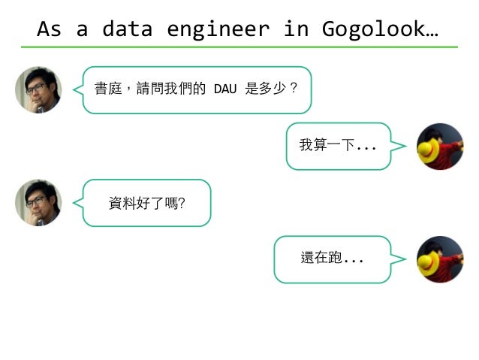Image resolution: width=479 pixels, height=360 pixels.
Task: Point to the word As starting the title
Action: [49, 29]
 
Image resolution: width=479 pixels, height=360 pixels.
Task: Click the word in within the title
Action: [295, 29]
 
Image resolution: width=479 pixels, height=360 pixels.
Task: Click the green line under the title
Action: [239, 47]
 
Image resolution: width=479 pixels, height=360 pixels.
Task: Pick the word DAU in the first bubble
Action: [225, 89]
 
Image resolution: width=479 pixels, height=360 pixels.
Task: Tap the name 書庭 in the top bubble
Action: [104, 89]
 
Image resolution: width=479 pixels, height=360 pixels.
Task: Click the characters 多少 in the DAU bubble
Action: [273, 89]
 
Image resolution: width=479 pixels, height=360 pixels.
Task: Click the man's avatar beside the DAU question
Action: [38, 89]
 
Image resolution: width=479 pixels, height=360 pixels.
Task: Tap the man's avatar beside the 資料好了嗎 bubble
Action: [38, 203]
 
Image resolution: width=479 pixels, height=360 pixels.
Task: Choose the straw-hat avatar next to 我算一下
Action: [440, 147]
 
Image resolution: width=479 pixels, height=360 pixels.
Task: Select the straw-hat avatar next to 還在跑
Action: [440, 259]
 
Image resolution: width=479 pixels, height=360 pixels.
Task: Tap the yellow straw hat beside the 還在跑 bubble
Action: [429, 264]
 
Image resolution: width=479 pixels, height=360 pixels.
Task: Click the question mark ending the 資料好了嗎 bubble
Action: [182, 203]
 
